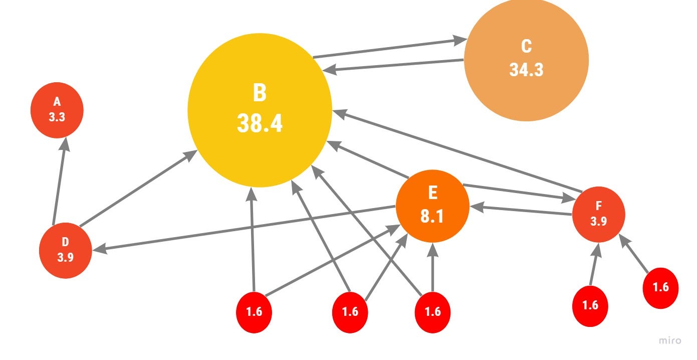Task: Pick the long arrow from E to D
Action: click(x=246, y=227)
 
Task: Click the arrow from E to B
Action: click(x=368, y=160)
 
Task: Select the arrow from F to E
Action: click(x=521, y=210)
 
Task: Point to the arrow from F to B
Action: click(x=456, y=150)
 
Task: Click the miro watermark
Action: click(x=670, y=340)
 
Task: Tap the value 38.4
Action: click(x=260, y=123)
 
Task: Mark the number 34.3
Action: click(x=526, y=69)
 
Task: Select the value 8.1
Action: click(x=432, y=218)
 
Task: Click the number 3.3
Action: click(x=57, y=117)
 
